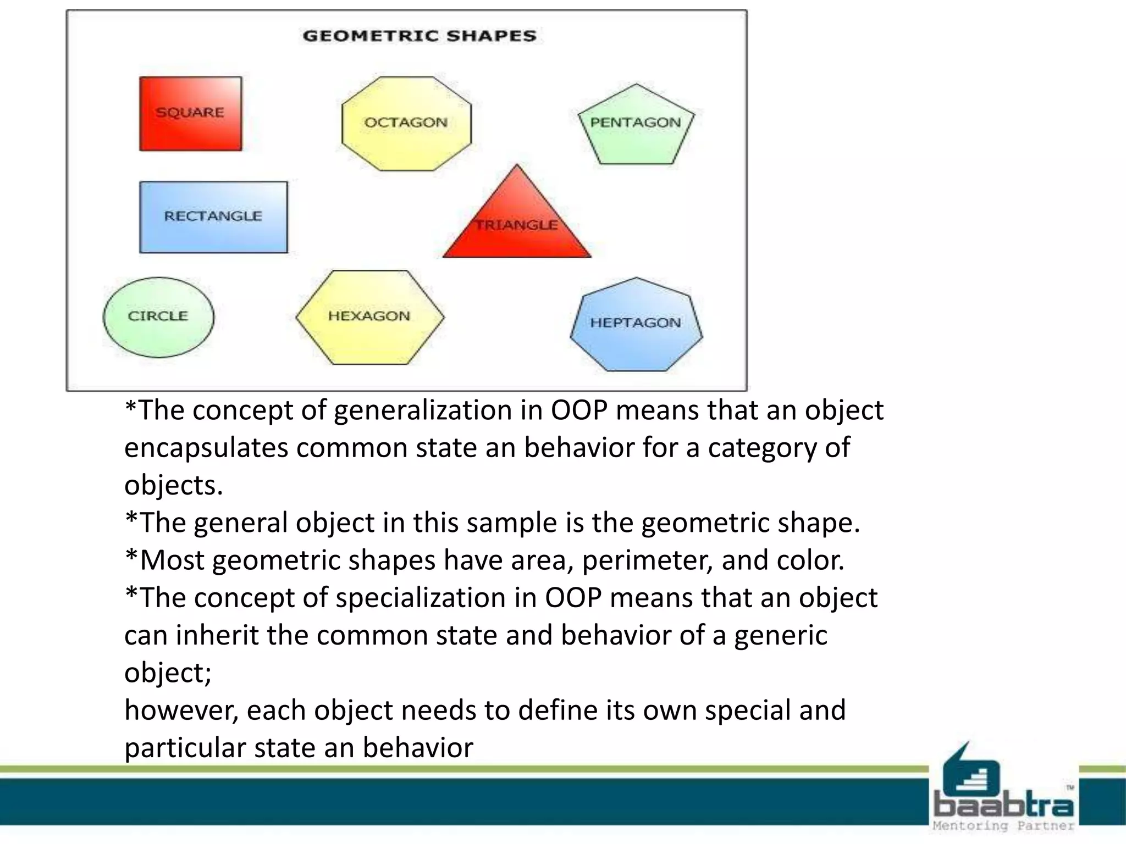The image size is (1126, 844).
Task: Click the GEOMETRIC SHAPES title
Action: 419,36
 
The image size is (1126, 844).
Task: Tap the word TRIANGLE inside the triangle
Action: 517,225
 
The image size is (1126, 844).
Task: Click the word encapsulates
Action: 206,448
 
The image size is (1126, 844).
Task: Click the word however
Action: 181,710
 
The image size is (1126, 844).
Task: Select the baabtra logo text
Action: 1003,806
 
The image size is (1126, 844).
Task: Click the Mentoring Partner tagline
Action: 1003,826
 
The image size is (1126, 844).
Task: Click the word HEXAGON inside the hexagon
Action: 369,316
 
